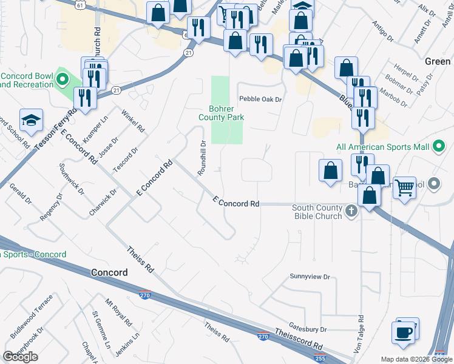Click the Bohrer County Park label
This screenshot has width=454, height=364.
[222, 113]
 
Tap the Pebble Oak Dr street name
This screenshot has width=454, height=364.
[261, 99]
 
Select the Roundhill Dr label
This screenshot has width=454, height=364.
[203, 158]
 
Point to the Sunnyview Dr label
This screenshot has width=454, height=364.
[310, 277]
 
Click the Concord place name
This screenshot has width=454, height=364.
[110, 272]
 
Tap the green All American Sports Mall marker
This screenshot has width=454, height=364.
[437, 147]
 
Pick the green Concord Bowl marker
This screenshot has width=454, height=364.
[61, 79]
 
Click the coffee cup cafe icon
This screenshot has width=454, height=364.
[404, 332]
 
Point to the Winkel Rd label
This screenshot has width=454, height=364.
[134, 121]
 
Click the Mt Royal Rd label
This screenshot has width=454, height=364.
[118, 312]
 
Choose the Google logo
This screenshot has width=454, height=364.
[20, 357]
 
